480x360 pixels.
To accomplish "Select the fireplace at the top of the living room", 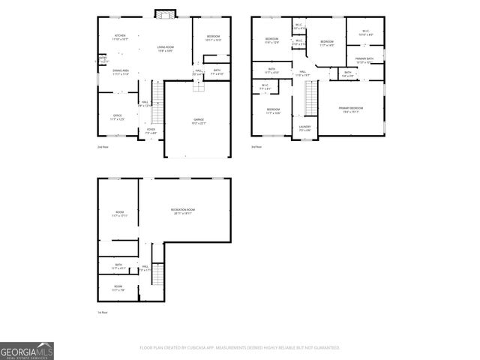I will click(164, 13).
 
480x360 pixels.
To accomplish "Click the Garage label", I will click(199, 121).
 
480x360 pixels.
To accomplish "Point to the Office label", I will click(117, 117).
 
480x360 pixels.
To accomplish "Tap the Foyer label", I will click(151, 130).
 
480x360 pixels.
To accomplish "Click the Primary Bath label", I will click(365, 60).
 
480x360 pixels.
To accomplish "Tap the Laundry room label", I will click(304, 128).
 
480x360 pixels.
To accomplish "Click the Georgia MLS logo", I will click(27, 351).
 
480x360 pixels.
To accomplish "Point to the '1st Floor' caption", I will click(103, 312).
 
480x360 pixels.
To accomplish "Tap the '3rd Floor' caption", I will click(256, 147).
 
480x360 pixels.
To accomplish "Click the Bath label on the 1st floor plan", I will click(118, 265).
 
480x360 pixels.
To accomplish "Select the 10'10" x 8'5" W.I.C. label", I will click(365, 33).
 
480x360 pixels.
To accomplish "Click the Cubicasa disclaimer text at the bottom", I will click(240, 348).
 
